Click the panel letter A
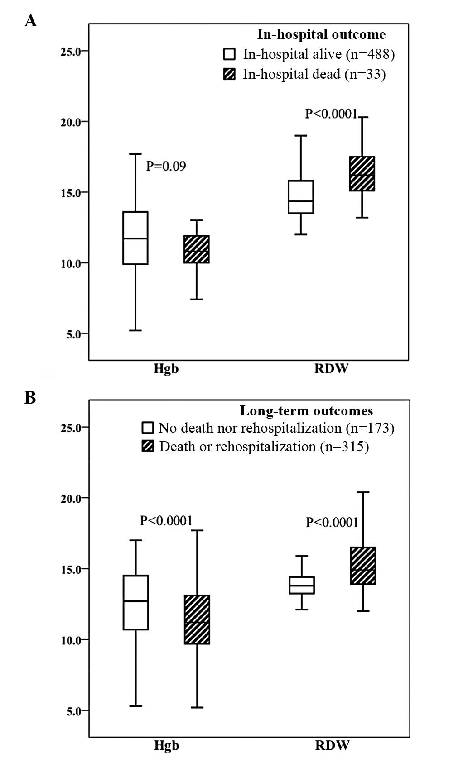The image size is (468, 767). (30, 20)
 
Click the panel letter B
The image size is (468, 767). (30, 397)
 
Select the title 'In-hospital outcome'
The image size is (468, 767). (321, 34)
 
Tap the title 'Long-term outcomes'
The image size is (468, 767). (306, 411)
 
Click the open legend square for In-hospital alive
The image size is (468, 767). (229, 54)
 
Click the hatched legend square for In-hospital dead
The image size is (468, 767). (229, 74)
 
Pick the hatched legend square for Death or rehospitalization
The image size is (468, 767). (148, 447)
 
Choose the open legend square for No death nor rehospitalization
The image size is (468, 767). (148, 428)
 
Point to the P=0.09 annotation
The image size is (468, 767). (166, 166)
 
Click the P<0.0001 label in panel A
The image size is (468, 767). (332, 114)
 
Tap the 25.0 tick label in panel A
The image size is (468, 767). (70, 52)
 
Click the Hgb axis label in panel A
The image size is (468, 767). (166, 369)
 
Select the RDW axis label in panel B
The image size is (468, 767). (332, 745)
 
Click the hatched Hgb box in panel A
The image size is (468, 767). (196, 249)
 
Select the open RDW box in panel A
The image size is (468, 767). (301, 197)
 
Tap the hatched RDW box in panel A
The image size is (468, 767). (362, 173)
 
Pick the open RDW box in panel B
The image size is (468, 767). (302, 585)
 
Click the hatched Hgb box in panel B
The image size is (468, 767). (197, 619)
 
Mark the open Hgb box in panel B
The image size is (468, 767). (136, 602)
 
